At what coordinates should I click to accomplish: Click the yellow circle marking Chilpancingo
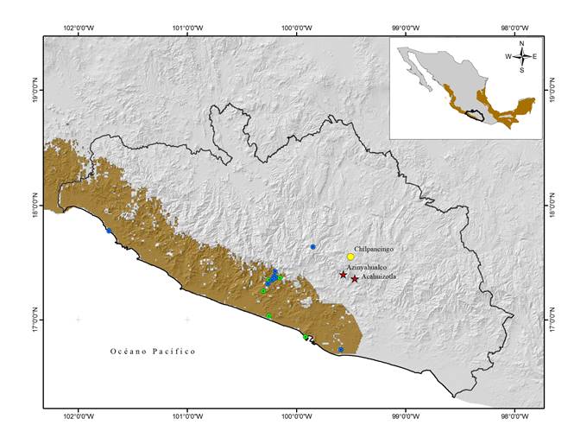[350, 257]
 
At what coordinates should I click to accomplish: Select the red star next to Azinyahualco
[343, 275]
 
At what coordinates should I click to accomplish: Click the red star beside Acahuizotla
[355, 279]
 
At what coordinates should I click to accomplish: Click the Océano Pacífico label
[153, 352]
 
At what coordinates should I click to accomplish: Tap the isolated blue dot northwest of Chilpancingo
[312, 247]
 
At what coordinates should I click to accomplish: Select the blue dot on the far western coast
[109, 231]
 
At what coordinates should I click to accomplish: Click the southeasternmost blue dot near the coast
[341, 350]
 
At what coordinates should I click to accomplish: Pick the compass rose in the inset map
[521, 56]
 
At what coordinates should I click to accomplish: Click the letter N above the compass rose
[521, 42]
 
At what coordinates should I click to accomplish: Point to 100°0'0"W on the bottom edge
[297, 415]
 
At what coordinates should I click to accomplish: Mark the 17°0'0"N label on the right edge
[552, 320]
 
